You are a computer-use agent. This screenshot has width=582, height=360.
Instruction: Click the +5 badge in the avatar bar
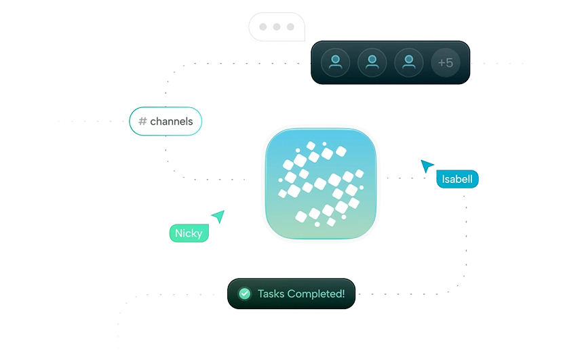pos(445,63)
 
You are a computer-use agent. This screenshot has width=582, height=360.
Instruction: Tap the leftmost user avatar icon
pos(335,63)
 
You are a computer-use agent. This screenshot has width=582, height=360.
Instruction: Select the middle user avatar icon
pos(372,63)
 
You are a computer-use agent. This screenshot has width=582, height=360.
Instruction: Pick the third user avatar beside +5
pos(408,63)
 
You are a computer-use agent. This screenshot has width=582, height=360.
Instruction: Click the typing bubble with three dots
pos(275,28)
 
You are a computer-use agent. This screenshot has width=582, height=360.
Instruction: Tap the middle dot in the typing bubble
pos(276,28)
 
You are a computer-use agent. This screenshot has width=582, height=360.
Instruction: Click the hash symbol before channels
pos(142,122)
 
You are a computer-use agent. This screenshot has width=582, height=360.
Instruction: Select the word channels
pos(171,122)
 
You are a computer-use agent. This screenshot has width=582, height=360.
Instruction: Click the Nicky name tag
pos(188,233)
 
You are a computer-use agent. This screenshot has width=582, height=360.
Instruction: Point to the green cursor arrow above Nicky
pos(218,216)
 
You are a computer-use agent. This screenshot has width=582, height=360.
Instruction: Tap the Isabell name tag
pos(457,180)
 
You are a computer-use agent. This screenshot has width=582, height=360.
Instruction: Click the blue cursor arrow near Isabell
pos(427,165)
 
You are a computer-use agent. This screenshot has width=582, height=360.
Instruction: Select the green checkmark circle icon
pos(245,294)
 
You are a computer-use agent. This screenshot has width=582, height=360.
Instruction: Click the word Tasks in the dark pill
pos(271,294)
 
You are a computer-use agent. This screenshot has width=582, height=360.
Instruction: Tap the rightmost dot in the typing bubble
pos(290,28)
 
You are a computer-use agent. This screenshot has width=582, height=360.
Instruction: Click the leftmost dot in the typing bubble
pos(263,28)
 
